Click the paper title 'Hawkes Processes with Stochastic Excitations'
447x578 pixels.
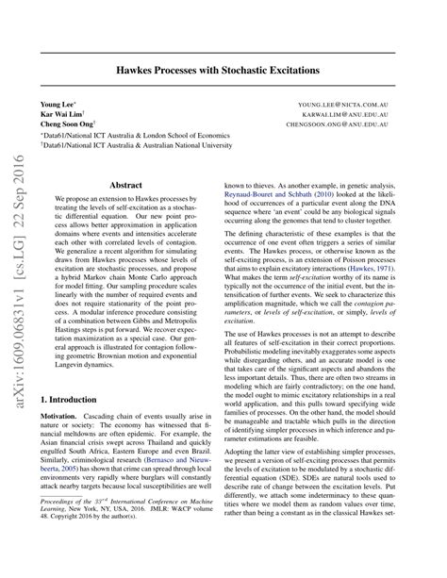[223, 70]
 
